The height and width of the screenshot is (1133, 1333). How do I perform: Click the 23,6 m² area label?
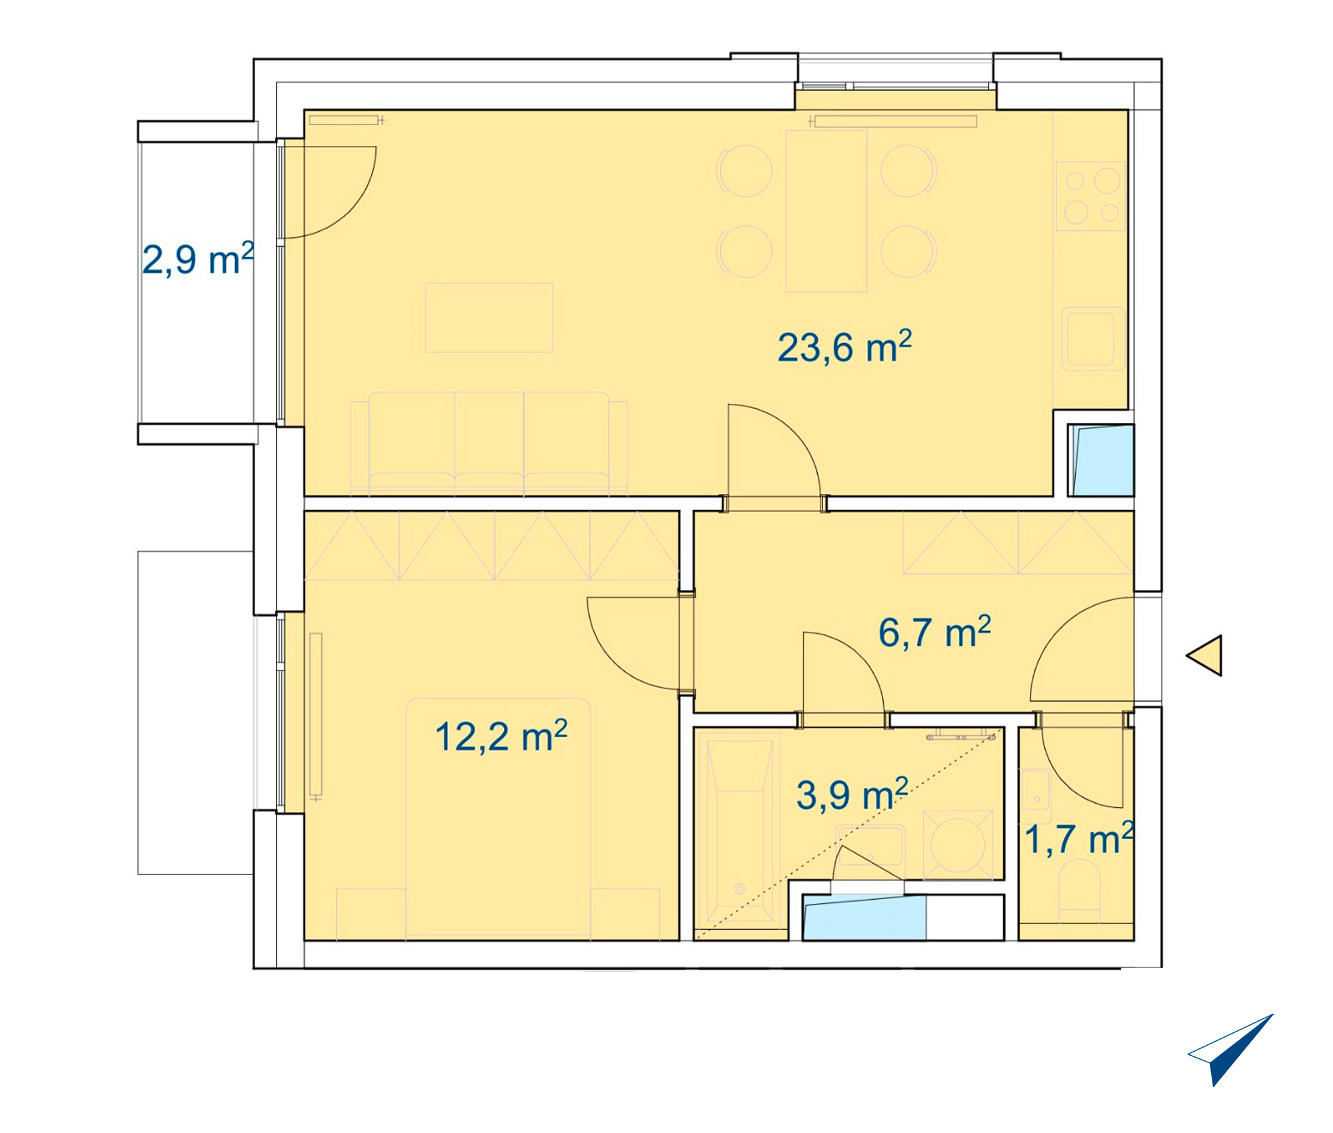844,347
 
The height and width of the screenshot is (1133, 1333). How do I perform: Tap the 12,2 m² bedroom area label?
501,736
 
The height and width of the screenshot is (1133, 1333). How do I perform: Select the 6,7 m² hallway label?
934,632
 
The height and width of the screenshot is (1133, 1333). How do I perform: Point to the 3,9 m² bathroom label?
852,794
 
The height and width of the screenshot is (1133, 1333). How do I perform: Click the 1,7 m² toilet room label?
1079,838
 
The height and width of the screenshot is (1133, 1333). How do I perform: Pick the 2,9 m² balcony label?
198,259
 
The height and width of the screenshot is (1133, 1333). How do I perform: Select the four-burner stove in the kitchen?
1091,196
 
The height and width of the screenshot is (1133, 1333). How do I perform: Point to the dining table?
826,211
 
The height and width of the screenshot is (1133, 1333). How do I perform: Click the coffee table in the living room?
489,317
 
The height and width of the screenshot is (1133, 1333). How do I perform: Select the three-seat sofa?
489,444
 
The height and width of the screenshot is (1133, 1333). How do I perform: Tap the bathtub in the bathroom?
738,830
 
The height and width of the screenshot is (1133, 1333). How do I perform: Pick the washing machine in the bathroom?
958,845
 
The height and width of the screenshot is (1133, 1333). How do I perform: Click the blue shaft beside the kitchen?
1102,460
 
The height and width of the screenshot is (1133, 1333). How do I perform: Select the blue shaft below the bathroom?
864,918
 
